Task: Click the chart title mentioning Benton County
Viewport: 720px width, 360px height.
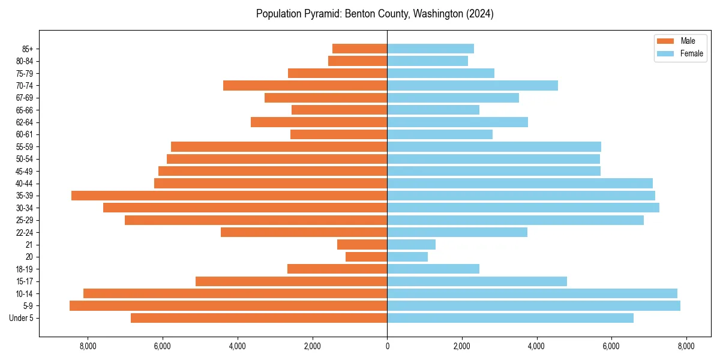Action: point(374,14)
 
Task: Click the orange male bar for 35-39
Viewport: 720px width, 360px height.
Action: point(229,196)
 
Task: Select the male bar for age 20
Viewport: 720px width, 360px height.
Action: point(366,257)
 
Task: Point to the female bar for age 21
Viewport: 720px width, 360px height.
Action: point(411,245)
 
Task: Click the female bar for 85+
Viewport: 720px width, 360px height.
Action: point(430,49)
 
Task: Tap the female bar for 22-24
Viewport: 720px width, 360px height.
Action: point(457,232)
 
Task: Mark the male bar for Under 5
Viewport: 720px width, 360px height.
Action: point(259,318)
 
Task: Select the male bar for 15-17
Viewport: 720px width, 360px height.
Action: point(291,281)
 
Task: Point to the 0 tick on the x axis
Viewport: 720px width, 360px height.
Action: point(387,346)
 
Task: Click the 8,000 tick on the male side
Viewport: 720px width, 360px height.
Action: point(88,346)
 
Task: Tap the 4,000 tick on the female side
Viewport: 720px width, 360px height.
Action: point(536,346)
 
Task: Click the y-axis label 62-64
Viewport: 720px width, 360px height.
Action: point(24,122)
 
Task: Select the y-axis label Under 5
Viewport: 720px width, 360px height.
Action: point(22,318)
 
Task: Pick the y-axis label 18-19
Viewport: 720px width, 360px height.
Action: point(24,269)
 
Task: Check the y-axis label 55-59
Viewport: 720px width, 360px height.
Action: point(24,147)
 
